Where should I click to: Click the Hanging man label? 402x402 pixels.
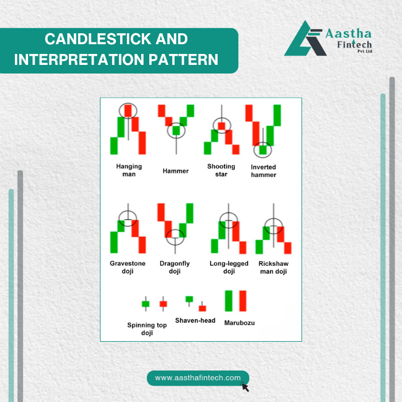click(x=129, y=170)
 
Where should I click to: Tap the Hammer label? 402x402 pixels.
click(x=176, y=171)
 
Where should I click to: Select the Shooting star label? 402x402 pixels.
click(x=221, y=170)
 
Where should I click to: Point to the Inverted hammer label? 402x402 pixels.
click(x=264, y=171)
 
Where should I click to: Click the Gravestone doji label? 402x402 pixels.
click(x=127, y=267)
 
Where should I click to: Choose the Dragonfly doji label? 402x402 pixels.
click(x=175, y=267)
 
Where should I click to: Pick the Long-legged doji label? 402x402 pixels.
click(x=229, y=267)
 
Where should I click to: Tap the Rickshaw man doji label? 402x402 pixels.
click(x=273, y=268)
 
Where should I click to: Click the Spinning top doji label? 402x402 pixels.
click(x=147, y=328)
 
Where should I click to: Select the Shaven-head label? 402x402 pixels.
click(x=195, y=320)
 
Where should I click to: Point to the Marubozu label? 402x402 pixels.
click(x=239, y=323)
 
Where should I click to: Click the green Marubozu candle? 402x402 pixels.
click(x=229, y=301)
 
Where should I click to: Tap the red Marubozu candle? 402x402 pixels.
click(x=243, y=301)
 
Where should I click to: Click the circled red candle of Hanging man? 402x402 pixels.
click(x=128, y=111)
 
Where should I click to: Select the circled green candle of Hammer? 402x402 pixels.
click(x=176, y=130)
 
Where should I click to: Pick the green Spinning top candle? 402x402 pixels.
click(x=146, y=304)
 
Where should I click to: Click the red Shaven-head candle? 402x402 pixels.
click(x=202, y=308)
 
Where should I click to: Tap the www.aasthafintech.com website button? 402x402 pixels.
click(x=198, y=378)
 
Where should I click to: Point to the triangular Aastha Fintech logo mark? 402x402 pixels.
click(x=305, y=39)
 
